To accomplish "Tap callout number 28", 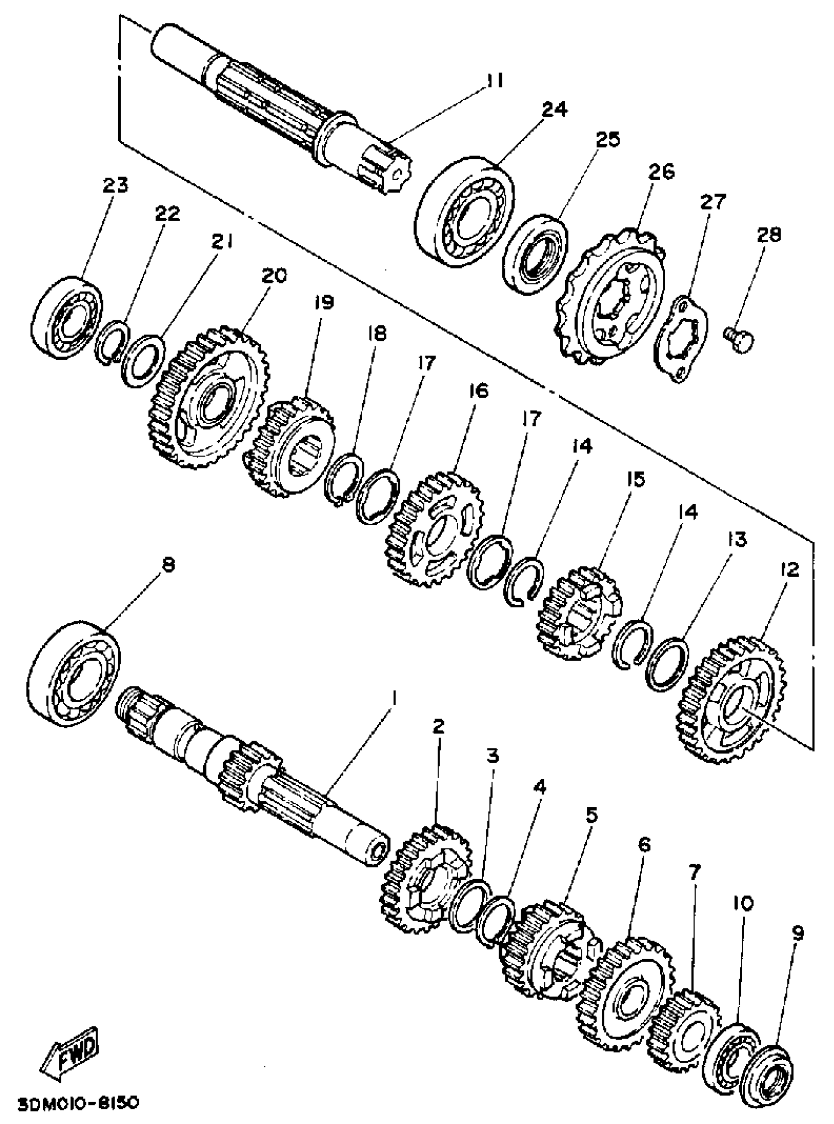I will click(768, 236).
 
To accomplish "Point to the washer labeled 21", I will click(143, 361).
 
